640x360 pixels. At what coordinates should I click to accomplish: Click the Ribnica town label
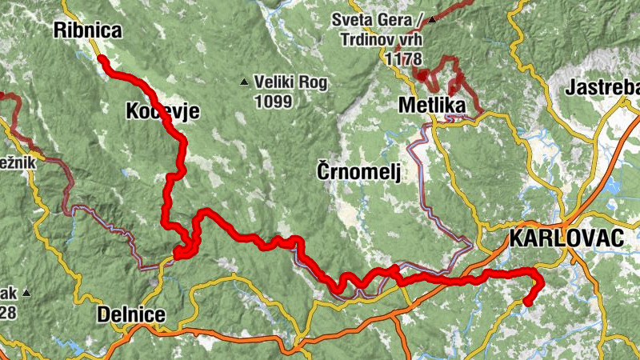point(88,31)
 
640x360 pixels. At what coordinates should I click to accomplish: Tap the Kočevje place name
point(162,112)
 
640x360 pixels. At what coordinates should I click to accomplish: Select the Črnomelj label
point(357,172)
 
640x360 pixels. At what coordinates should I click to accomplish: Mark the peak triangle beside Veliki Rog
point(245,81)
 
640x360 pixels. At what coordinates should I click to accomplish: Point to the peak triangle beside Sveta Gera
point(433,19)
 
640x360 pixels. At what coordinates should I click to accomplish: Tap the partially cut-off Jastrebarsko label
point(602,88)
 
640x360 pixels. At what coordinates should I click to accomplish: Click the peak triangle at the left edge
point(26,293)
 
